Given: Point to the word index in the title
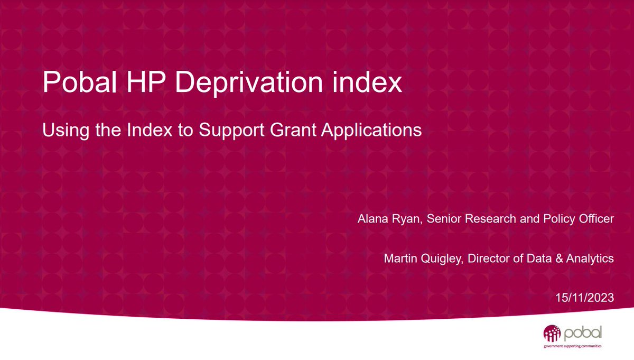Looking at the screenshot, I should tap(369, 84).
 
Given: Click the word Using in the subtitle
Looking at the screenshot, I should tap(60, 131).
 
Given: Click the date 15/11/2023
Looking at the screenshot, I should tap(584, 298).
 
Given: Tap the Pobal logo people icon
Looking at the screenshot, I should tap(552, 334).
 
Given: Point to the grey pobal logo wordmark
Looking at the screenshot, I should tap(582, 334).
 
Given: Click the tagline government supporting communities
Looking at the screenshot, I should tap(573, 347).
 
